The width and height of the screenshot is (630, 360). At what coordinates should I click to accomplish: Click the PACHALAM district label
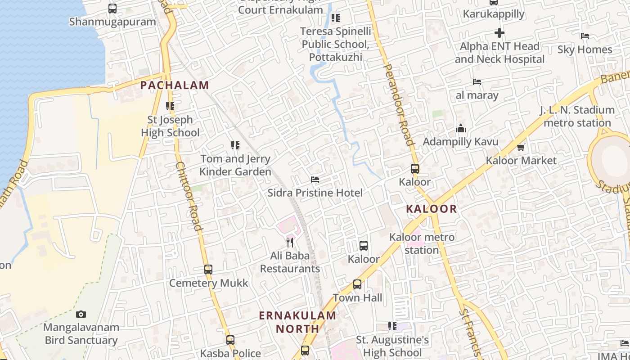tap(175, 85)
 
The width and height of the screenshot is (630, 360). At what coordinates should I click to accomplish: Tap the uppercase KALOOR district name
tap(431, 209)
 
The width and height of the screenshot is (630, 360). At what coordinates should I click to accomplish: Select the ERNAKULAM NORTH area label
tap(297, 322)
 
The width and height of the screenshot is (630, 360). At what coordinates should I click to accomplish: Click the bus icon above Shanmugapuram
tap(112, 9)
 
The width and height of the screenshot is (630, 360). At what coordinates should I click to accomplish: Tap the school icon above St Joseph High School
tap(170, 107)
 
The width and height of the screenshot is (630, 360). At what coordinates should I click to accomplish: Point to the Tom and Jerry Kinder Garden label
tap(235, 165)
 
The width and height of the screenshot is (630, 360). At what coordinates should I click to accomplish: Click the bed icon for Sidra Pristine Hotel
tap(315, 180)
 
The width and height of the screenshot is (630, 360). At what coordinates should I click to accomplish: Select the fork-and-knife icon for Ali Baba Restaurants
tap(290, 243)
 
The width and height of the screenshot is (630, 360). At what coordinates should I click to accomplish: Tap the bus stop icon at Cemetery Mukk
tap(208, 270)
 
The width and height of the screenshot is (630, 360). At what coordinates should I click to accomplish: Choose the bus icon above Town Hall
tap(357, 284)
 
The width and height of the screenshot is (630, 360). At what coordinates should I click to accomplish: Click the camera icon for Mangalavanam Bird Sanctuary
tap(81, 314)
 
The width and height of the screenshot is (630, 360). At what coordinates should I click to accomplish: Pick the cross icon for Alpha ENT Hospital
tap(499, 33)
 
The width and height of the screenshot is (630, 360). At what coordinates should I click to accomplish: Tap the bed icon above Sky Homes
tap(585, 36)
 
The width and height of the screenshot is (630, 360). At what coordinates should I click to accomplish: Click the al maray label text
tap(477, 95)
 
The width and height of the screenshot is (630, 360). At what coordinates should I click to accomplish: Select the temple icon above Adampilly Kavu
tap(460, 129)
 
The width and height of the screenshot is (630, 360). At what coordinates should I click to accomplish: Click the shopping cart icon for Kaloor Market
tap(521, 147)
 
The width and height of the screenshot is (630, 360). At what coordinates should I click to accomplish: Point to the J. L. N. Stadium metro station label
tap(577, 116)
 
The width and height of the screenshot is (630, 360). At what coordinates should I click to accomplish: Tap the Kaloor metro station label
tap(422, 243)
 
